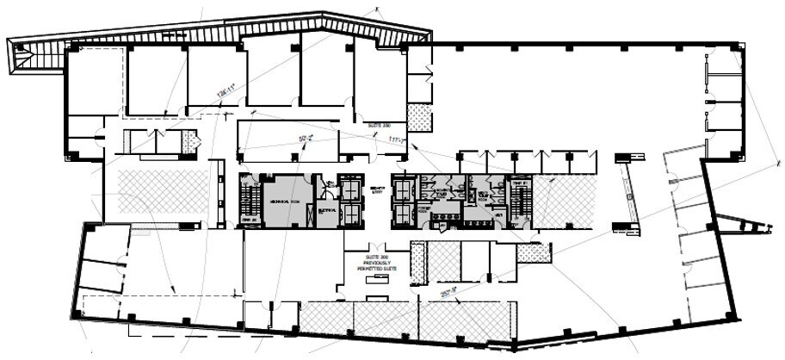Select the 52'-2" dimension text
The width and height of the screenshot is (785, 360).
point(305,137)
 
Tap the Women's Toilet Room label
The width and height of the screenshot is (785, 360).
point(441,192)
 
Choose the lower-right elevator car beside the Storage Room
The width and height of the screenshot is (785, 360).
point(403,214)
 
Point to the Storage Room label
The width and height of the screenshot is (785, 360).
point(424,208)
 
